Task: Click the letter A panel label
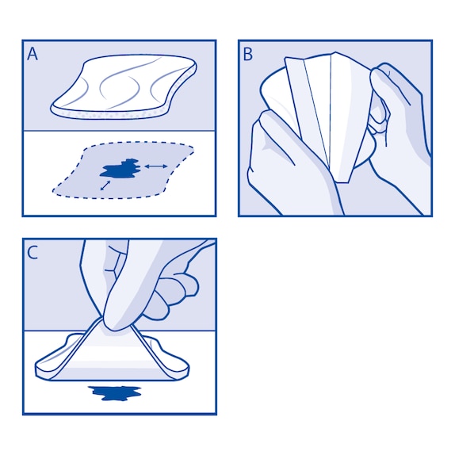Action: (x=32, y=54)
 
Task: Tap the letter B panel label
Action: (x=248, y=54)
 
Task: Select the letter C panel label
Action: (x=32, y=253)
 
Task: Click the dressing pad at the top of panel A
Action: (x=127, y=87)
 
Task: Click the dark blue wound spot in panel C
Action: (x=116, y=392)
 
